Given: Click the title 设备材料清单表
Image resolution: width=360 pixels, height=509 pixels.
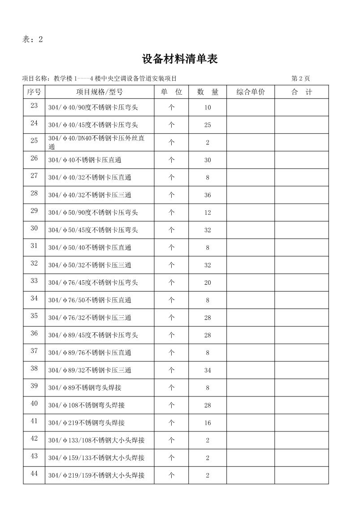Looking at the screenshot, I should pyautogui.click(x=180, y=59).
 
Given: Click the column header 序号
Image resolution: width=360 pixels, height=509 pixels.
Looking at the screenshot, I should pyautogui.click(x=34, y=92).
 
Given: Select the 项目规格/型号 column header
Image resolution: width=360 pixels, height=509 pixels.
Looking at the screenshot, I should pyautogui.click(x=100, y=92).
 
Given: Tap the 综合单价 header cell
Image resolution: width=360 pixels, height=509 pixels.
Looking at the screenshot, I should pyautogui.click(x=251, y=92).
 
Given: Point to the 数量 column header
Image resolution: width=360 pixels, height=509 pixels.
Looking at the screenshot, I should pyautogui.click(x=208, y=92).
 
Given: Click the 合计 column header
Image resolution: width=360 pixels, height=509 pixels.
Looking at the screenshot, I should pyautogui.click(x=301, y=92).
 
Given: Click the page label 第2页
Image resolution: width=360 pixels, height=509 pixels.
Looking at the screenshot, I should pyautogui.click(x=300, y=78).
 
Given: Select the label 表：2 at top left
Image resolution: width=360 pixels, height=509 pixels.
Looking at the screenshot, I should pyautogui.click(x=32, y=39).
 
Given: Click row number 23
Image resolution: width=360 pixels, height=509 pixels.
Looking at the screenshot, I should pyautogui.click(x=34, y=105).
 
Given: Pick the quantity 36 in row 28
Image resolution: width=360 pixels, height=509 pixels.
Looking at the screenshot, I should pyautogui.click(x=208, y=195).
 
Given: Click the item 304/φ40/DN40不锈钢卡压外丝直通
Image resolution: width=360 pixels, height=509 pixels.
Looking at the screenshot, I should pyautogui.click(x=96, y=142).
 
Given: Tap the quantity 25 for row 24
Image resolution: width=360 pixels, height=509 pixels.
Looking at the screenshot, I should pyautogui.click(x=208, y=125).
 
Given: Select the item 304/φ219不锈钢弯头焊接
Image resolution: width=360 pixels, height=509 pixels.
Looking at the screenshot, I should pyautogui.click(x=87, y=423).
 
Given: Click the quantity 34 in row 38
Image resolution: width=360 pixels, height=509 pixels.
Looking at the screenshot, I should pyautogui.click(x=208, y=370).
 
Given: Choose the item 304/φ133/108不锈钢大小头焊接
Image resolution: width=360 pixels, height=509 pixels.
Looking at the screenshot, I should pyautogui.click(x=96, y=440).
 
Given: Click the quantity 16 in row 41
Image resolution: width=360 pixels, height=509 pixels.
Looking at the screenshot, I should pyautogui.click(x=208, y=423).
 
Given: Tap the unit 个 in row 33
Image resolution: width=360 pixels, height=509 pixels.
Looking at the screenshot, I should pyautogui.click(x=171, y=283).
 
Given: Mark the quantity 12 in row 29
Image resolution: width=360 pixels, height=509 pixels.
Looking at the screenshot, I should pyautogui.click(x=208, y=213).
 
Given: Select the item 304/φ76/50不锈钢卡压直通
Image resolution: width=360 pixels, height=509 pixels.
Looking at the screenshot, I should pyautogui.click(x=90, y=300).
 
